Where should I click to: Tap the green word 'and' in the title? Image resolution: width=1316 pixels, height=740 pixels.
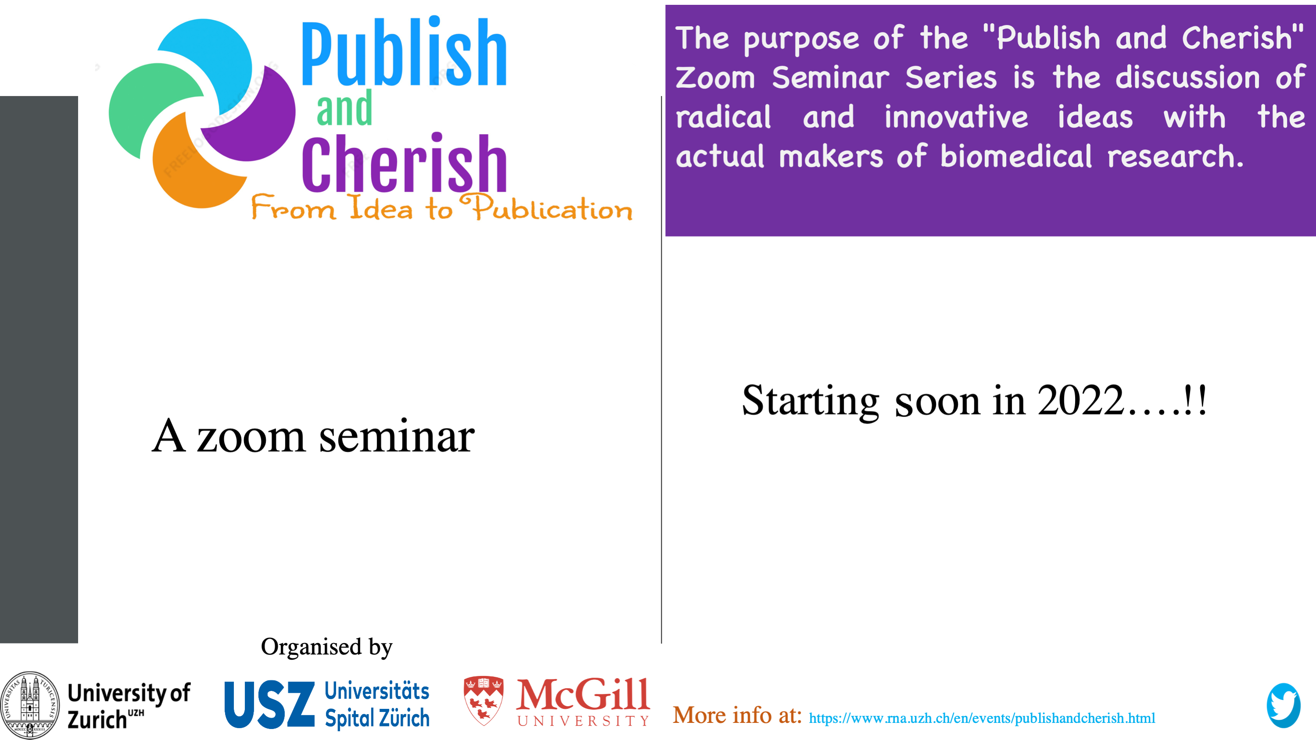[x=344, y=108]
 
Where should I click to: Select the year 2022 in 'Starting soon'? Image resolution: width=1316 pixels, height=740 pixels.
[x=1081, y=400]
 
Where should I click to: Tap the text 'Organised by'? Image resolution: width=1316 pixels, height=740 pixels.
[x=326, y=647]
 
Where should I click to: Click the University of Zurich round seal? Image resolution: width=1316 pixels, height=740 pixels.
[x=30, y=705]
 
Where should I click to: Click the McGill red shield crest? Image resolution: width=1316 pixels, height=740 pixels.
[x=483, y=701]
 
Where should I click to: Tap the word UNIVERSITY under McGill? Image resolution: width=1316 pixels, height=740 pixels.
[x=583, y=721]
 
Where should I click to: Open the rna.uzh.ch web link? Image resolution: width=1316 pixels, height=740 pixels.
[x=982, y=718]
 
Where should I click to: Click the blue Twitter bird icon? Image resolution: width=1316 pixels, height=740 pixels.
[x=1283, y=705]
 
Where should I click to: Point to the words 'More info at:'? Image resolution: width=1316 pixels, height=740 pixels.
[x=737, y=715]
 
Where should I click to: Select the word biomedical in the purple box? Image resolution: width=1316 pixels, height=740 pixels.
[x=1015, y=156]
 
